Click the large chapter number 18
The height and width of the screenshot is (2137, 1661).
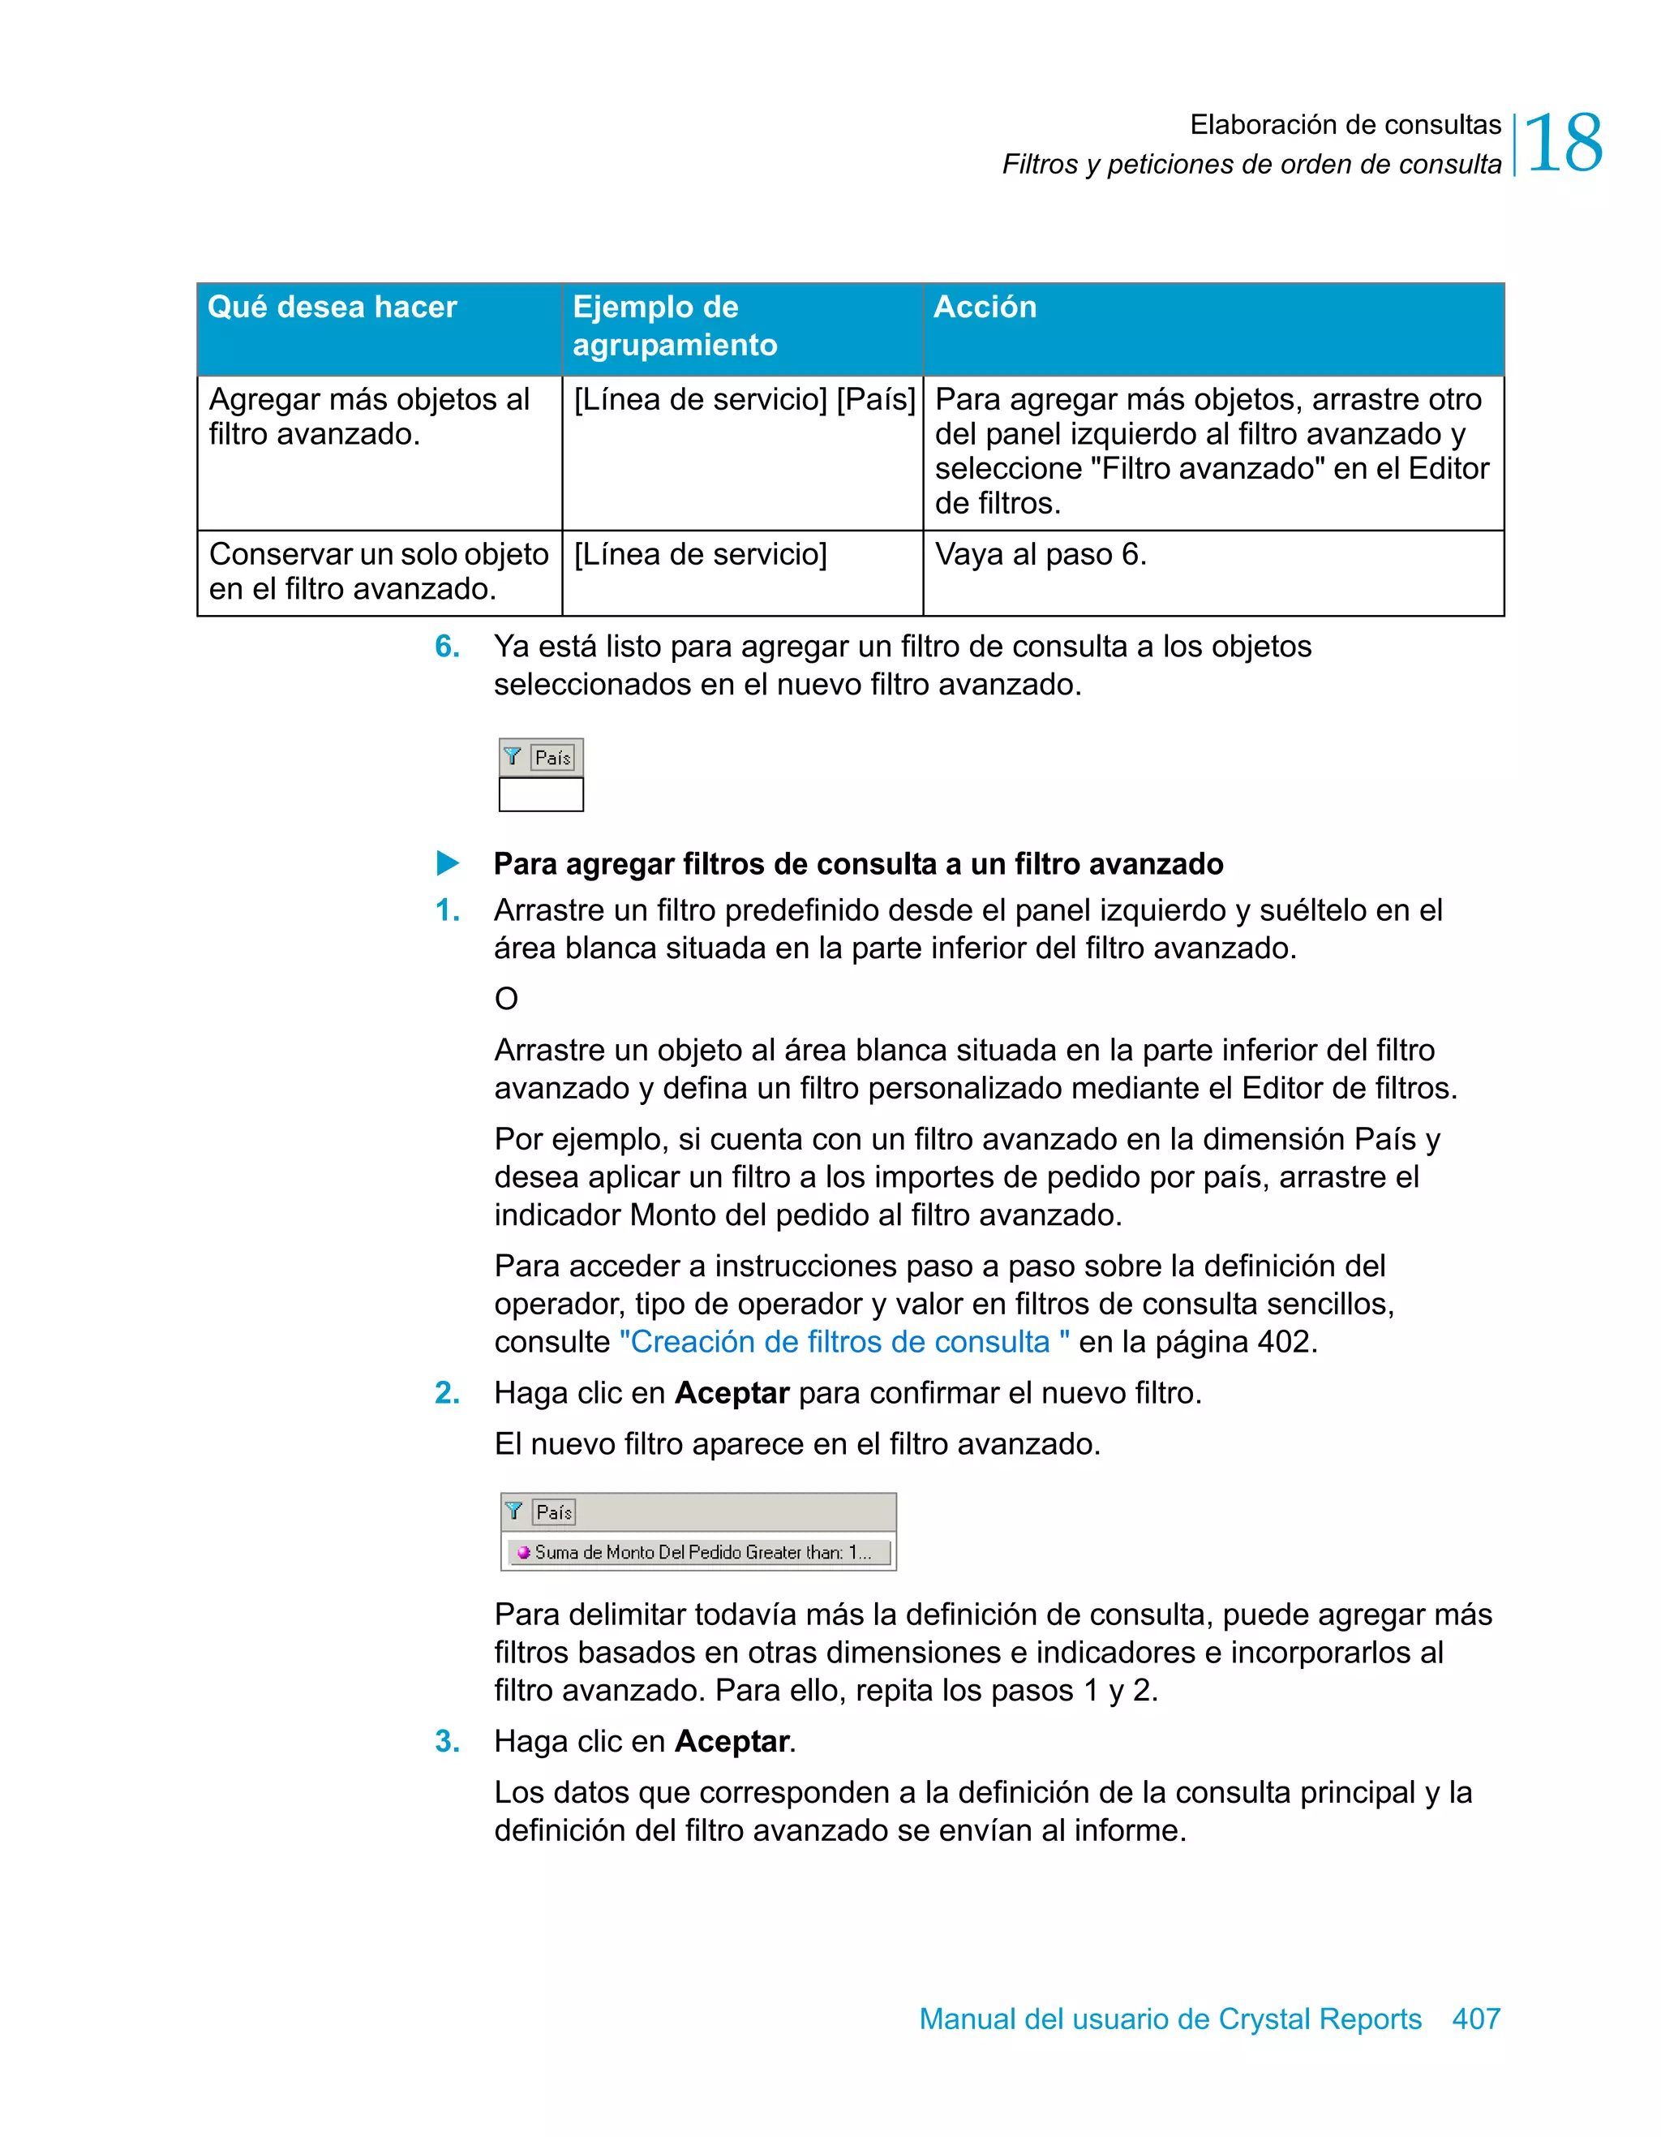click(x=1562, y=144)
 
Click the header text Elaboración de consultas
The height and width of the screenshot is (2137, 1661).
click(x=1344, y=124)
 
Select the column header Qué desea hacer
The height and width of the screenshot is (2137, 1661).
click(x=332, y=307)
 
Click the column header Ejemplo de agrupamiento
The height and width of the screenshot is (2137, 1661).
click(x=674, y=326)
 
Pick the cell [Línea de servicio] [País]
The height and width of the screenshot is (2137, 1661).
click(x=744, y=400)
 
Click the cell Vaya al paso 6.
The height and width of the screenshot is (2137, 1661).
click(x=1040, y=555)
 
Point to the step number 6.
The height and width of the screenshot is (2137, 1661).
click(x=447, y=647)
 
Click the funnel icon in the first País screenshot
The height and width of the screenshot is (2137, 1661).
click(x=513, y=756)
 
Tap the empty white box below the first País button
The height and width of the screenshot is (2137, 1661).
click(x=541, y=794)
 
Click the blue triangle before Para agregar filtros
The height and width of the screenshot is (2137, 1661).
click(x=447, y=863)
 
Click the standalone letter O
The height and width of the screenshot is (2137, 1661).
click(x=506, y=999)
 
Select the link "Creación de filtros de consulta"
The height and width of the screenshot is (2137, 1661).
click(x=843, y=1341)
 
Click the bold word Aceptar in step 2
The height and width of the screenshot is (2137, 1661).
click(x=732, y=1392)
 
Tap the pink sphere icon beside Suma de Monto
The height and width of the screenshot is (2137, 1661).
click(x=523, y=1552)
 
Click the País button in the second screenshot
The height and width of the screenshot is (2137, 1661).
click(x=554, y=1511)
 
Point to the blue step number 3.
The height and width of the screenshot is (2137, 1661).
click(x=447, y=1742)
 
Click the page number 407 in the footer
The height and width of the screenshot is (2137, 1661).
click(x=1475, y=2019)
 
